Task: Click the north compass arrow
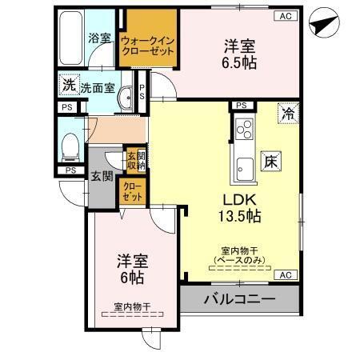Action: pyautogui.click(x=321, y=26)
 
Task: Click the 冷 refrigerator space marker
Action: pyautogui.click(x=287, y=114)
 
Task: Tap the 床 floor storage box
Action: pyautogui.click(x=270, y=161)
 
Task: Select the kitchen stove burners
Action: pyautogui.click(x=243, y=127)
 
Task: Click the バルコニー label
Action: pyautogui.click(x=238, y=299)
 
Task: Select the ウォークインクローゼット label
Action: pyautogui.click(x=147, y=42)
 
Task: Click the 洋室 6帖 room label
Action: pyautogui.click(x=130, y=268)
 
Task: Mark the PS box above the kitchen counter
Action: pyautogui.click(x=239, y=105)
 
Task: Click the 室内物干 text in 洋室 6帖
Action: pyautogui.click(x=132, y=306)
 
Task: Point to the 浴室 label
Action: pyautogui.click(x=99, y=38)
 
